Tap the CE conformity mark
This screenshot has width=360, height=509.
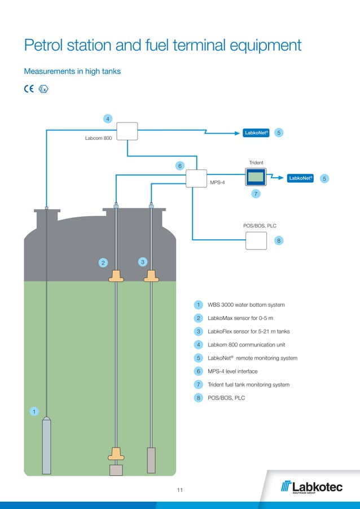coord(29,89)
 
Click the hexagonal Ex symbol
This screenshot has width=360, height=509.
coord(43,89)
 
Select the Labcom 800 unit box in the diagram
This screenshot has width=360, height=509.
coord(128,131)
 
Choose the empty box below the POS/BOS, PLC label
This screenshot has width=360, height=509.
coord(256,241)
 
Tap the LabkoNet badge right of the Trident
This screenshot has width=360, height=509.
coord(300,178)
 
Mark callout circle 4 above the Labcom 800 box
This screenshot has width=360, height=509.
coord(107,119)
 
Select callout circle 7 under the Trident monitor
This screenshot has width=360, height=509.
coord(256,194)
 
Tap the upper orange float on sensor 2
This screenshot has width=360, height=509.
coord(116,276)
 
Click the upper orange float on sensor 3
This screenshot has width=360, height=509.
coord(151,276)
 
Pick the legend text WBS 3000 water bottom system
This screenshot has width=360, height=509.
coord(246,305)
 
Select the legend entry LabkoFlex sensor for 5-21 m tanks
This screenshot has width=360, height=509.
coord(248,331)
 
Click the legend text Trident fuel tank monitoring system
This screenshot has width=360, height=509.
coord(248,384)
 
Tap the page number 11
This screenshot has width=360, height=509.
coord(180,490)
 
